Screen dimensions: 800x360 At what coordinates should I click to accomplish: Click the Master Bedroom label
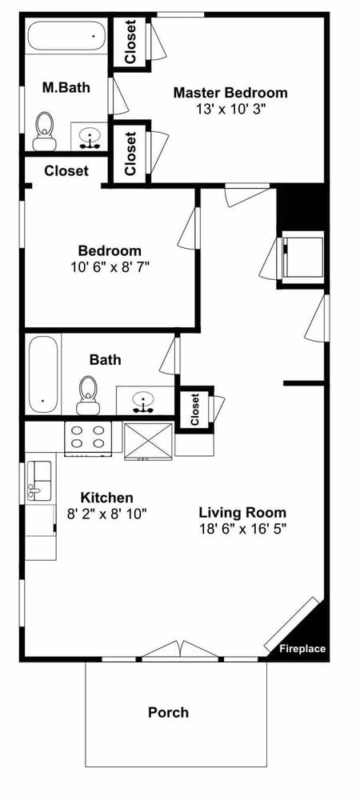pyautogui.click(x=230, y=93)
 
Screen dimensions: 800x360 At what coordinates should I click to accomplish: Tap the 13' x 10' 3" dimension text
pyautogui.click(x=230, y=110)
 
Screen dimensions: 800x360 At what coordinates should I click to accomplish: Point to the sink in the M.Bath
pyautogui.click(x=90, y=136)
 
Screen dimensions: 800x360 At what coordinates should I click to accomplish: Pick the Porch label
pyautogui.click(x=169, y=712)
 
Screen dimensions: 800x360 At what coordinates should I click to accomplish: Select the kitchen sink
pyautogui.click(x=38, y=480)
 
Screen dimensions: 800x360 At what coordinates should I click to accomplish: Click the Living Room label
pyautogui.click(x=242, y=512)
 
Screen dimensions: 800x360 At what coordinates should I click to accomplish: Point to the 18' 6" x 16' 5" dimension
pyautogui.click(x=242, y=529)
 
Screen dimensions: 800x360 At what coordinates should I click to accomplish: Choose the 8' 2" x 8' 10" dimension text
pyautogui.click(x=106, y=514)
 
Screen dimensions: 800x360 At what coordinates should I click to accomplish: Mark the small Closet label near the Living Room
pyautogui.click(x=194, y=410)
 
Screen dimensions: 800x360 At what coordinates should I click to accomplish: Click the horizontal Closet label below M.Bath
pyautogui.click(x=66, y=170)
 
